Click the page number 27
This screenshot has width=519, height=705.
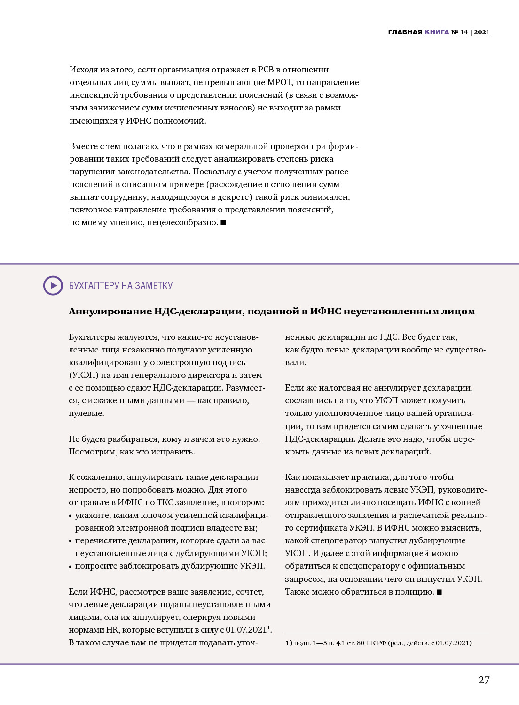[484, 680]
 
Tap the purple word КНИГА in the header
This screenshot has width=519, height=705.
[437, 32]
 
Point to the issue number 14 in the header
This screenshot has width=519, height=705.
[464, 32]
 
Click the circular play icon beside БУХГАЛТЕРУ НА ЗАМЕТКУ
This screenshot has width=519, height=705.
[53, 285]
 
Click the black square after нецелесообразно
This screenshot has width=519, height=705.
[223, 222]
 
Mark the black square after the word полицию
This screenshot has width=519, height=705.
[439, 592]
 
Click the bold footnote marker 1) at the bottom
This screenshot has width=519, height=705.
[289, 643]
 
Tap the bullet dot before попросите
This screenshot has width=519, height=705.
[71, 567]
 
